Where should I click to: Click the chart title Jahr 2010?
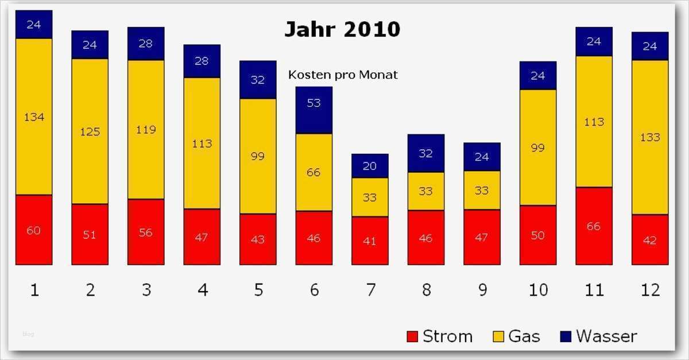(342, 29)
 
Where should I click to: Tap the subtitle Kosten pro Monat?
(342, 75)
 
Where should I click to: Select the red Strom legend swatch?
(412, 336)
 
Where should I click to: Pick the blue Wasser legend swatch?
(565, 336)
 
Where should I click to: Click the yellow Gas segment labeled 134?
(34, 117)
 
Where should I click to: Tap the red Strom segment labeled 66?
(594, 226)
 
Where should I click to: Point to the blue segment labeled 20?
(370, 166)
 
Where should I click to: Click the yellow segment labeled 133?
(650, 137)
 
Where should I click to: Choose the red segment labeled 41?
(370, 241)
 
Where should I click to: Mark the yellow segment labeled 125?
(90, 131)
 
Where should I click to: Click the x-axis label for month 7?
(370, 290)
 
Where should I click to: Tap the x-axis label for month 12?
(650, 290)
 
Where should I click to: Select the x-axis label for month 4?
(202, 290)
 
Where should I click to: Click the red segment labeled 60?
(34, 230)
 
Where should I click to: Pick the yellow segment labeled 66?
(313, 172)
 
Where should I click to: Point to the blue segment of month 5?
(258, 80)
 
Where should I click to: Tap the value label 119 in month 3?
(146, 130)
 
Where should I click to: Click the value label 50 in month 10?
(538, 235)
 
